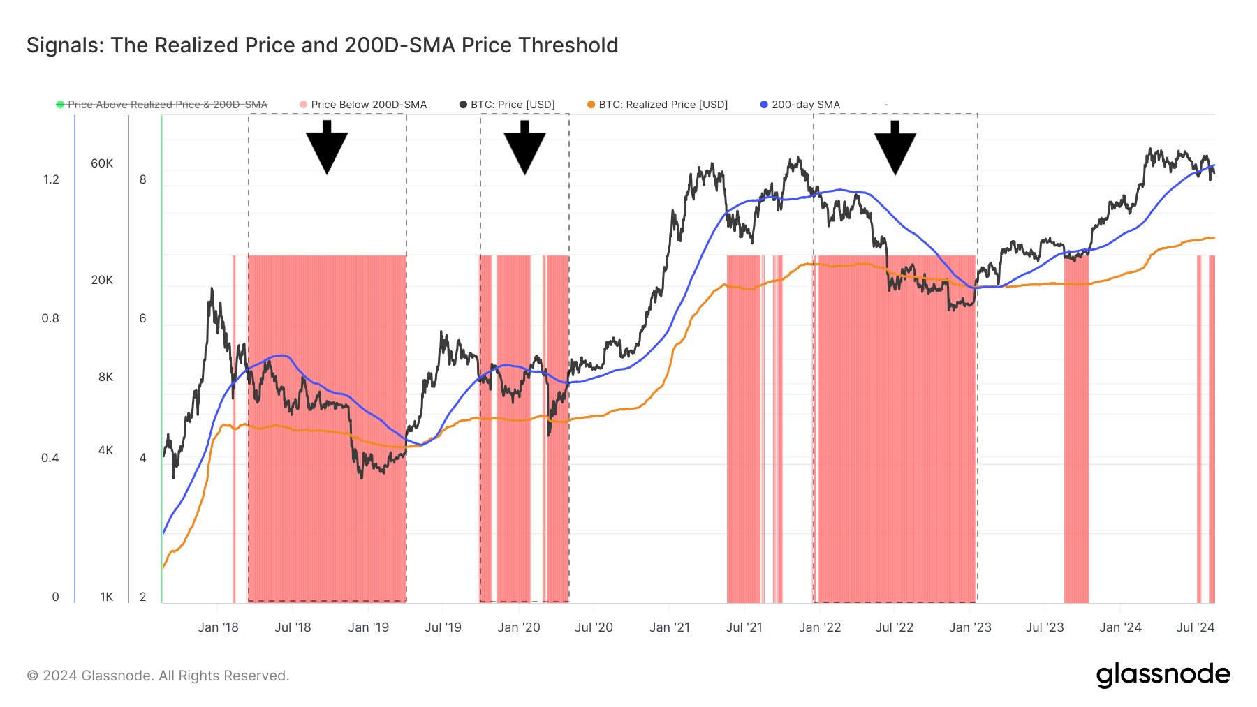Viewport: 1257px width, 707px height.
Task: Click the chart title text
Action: coord(323,45)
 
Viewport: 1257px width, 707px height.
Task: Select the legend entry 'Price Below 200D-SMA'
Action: coord(363,105)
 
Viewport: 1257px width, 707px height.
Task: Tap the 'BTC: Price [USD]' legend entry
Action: coord(507,105)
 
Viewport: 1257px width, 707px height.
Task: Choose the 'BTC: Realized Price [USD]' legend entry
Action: coord(657,105)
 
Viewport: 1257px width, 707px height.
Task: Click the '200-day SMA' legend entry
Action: coord(800,105)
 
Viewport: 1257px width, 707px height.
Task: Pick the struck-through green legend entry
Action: coord(162,105)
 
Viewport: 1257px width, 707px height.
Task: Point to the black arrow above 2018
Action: coord(327,147)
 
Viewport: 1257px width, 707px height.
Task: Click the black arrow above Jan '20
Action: coord(524,147)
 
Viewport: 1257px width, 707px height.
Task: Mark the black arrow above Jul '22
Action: coord(895,147)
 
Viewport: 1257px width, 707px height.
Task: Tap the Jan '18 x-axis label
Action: coord(218,627)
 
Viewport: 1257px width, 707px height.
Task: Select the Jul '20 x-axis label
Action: coord(594,627)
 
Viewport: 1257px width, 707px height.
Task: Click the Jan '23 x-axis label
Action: coord(970,627)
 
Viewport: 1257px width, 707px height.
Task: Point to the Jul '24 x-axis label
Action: coord(1196,627)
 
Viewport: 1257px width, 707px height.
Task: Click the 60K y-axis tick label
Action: coord(102,163)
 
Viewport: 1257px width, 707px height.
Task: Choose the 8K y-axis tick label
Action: coord(105,377)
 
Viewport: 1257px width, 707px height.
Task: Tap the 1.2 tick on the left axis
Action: coord(51,179)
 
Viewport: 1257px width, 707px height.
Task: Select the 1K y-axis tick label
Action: coord(106,597)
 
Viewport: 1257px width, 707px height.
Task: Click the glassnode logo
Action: coord(1163,675)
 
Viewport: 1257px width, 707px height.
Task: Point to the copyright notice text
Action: coord(158,676)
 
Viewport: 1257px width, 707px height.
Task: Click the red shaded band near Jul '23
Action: coord(1076,429)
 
